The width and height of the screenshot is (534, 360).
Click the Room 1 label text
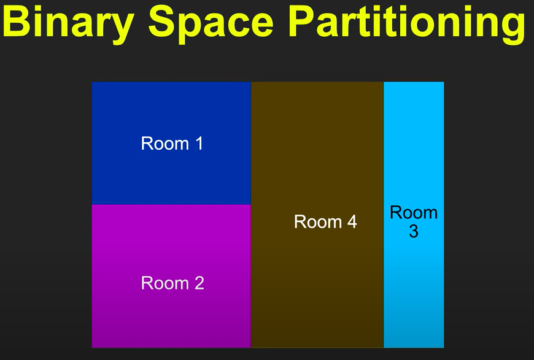(x=172, y=144)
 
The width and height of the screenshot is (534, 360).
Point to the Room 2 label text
(x=172, y=283)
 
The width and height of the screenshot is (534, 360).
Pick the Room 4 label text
(x=325, y=222)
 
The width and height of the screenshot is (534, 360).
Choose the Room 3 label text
(x=414, y=222)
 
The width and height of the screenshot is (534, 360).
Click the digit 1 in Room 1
(x=199, y=144)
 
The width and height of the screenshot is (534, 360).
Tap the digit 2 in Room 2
(x=199, y=283)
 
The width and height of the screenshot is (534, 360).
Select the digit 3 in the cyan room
(x=414, y=231)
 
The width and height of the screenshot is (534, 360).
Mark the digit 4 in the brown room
(x=352, y=222)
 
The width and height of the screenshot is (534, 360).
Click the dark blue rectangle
(x=171, y=144)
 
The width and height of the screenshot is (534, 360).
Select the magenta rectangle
(x=171, y=277)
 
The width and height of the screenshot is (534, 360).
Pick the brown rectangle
(x=317, y=215)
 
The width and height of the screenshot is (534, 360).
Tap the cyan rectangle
(x=414, y=215)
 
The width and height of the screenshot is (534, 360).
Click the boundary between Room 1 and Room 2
(x=171, y=205)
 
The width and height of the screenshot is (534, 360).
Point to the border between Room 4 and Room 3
(x=384, y=215)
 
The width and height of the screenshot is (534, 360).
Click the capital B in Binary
(x=17, y=22)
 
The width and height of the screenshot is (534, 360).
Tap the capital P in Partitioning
(x=303, y=22)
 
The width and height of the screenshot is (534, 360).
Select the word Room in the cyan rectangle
(x=414, y=213)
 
